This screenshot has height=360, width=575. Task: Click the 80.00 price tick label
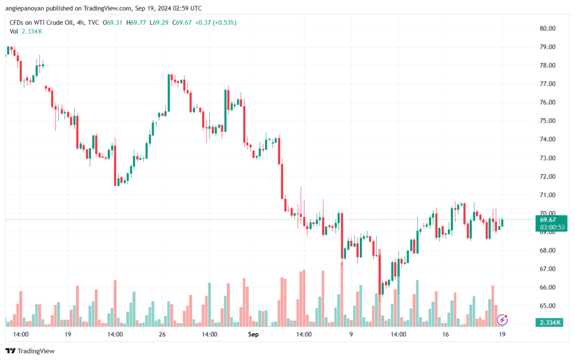(x=547, y=28)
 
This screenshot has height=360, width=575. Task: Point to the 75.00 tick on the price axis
(x=547, y=121)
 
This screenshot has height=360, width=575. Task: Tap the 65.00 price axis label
(x=547, y=306)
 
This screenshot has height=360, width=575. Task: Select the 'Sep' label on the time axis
(x=253, y=334)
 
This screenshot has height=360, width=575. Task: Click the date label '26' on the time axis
(x=162, y=334)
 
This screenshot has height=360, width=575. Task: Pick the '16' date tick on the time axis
(x=446, y=334)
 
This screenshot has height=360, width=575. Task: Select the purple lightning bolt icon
(x=503, y=320)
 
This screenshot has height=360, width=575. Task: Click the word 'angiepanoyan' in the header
(x=26, y=8)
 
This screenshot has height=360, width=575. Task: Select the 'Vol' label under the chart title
(x=14, y=31)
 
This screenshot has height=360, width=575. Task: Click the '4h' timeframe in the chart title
(x=79, y=22)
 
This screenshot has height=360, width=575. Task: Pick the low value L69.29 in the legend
(x=161, y=22)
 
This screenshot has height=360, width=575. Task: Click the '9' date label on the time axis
(x=351, y=334)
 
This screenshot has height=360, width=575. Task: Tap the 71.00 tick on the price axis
(x=547, y=195)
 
